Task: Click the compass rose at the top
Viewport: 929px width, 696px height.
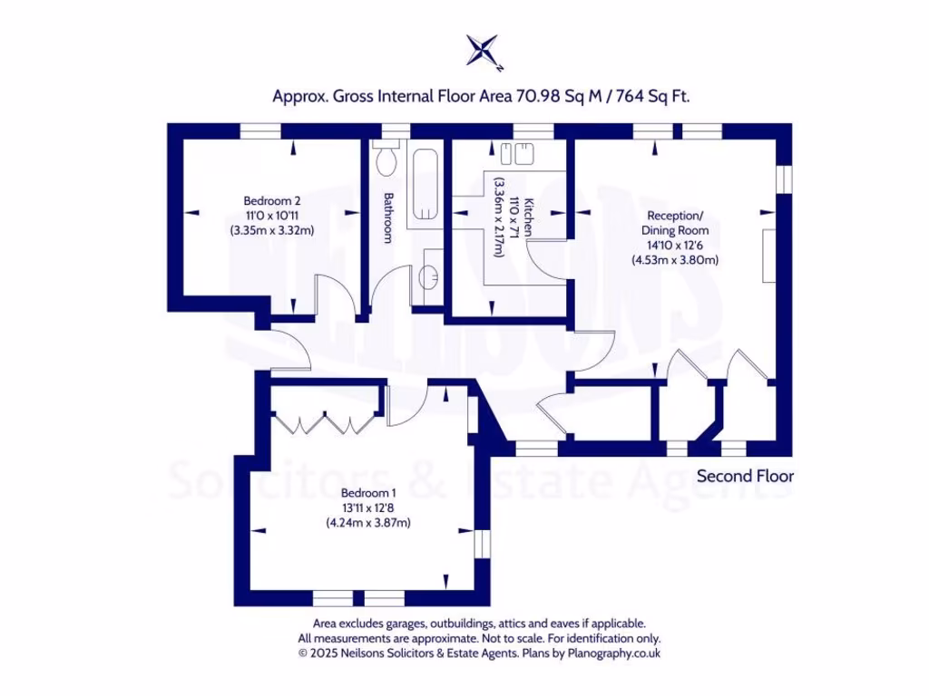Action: [483, 50]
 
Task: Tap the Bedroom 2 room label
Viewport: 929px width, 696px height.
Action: [272, 200]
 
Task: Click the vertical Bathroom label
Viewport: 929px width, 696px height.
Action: [388, 217]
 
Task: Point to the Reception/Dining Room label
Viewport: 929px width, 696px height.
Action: [675, 223]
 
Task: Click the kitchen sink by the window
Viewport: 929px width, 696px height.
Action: [514, 153]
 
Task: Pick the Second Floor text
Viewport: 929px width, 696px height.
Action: [745, 476]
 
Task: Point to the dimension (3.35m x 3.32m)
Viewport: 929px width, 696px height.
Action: [272, 230]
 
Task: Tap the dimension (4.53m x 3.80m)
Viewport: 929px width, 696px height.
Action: [675, 260]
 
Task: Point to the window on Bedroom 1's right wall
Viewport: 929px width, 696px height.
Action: [482, 543]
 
